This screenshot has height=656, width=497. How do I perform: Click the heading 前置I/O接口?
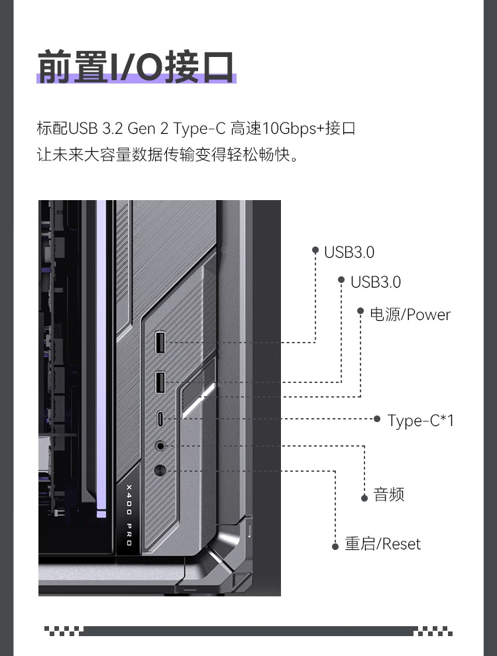136,67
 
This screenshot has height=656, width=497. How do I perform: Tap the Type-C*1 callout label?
420,421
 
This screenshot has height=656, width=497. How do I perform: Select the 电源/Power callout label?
410,315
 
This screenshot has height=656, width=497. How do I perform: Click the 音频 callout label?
388,494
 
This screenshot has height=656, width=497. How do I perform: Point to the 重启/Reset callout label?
383,544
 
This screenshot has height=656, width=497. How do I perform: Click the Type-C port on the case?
160,418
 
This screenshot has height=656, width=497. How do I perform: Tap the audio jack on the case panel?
160,446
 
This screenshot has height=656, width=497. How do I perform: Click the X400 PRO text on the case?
129,515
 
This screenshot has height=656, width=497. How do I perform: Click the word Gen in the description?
141,128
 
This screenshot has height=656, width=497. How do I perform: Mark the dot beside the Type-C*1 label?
377,419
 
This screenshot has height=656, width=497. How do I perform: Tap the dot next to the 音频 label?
364,498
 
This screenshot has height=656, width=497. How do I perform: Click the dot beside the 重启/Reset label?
335,547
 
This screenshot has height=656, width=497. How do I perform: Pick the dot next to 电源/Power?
360,311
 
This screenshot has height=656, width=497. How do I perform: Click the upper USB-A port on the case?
160,342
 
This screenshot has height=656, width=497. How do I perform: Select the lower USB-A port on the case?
160,382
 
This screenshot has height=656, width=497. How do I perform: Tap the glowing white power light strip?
199,401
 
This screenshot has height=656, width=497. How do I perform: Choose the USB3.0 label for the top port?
349,252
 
